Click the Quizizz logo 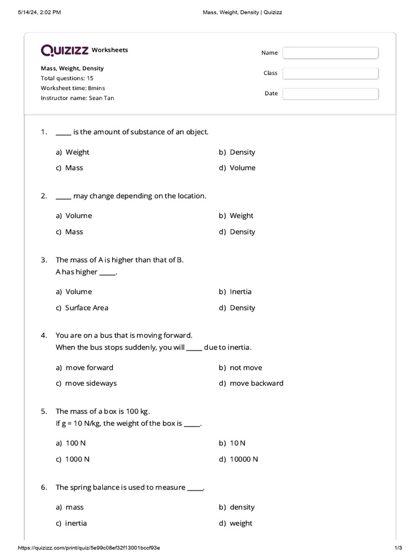[65, 50]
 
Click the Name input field [330, 52]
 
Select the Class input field [330, 73]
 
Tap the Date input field [330, 94]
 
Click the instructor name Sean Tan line [77, 98]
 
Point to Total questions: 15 [67, 78]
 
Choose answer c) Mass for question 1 [69, 168]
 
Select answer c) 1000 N [73, 459]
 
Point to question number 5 [44, 411]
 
